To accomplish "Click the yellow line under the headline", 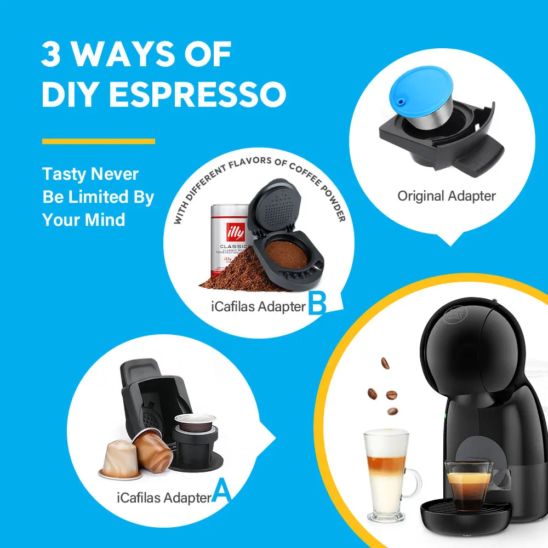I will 99,141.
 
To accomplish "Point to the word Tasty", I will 64,175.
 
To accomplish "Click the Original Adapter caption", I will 446,196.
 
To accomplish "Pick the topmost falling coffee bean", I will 385,363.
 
